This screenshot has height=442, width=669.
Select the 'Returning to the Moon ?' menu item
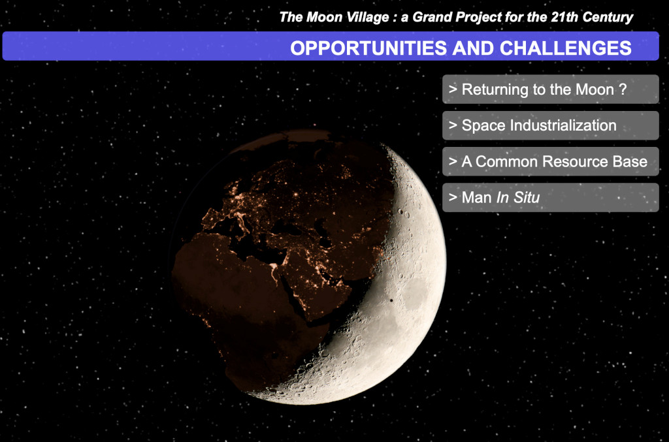(x=550, y=89)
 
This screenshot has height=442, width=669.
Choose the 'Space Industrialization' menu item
(x=550, y=125)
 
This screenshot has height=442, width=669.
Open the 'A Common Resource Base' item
(x=550, y=161)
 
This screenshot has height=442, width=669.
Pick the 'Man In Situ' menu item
(x=550, y=197)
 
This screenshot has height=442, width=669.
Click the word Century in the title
(x=608, y=18)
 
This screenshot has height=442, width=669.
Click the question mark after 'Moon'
(x=623, y=89)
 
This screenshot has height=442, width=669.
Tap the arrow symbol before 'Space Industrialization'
(x=453, y=125)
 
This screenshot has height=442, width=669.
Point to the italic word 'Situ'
(x=527, y=197)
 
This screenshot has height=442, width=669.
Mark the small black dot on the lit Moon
(x=391, y=300)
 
